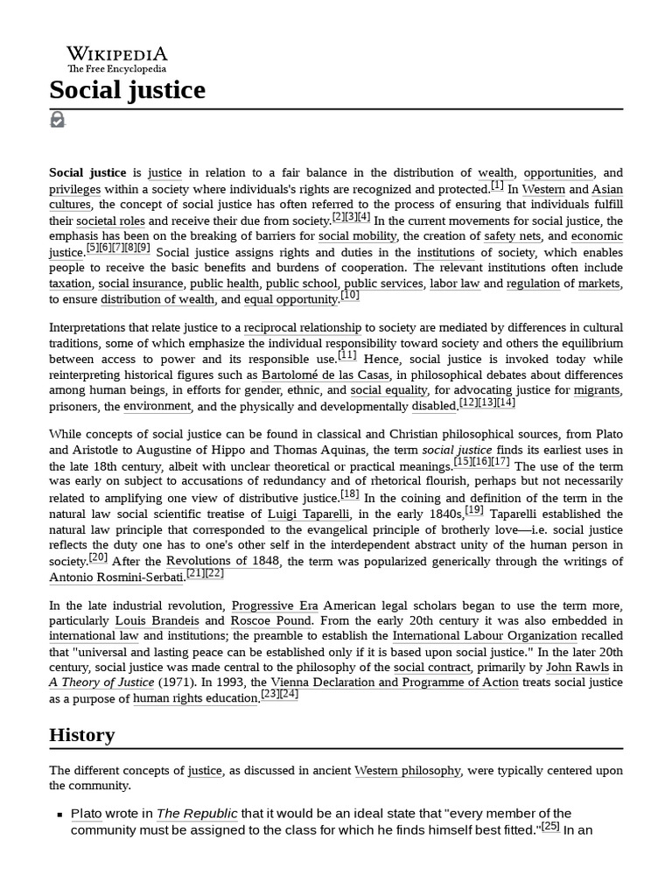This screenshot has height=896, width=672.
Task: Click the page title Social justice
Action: (x=127, y=90)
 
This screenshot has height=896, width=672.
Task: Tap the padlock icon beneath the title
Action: (x=57, y=120)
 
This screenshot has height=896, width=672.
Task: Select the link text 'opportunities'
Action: (x=558, y=173)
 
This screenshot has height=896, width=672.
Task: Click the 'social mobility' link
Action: (x=357, y=236)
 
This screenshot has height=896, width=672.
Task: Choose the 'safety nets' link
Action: (x=513, y=236)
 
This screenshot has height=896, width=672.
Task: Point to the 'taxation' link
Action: (x=70, y=283)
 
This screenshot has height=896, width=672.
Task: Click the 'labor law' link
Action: (x=453, y=283)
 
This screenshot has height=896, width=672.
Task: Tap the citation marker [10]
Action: (x=350, y=296)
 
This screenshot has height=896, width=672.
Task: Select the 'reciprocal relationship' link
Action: (x=302, y=328)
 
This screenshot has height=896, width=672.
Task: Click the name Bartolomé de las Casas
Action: (x=325, y=375)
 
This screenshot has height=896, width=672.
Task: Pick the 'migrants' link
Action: (x=597, y=391)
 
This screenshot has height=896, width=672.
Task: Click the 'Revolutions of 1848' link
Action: (x=223, y=561)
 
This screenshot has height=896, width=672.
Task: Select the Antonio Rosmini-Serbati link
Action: (x=116, y=577)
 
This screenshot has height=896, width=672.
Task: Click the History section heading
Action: (x=81, y=734)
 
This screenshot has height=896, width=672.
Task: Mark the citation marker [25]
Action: (x=550, y=826)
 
